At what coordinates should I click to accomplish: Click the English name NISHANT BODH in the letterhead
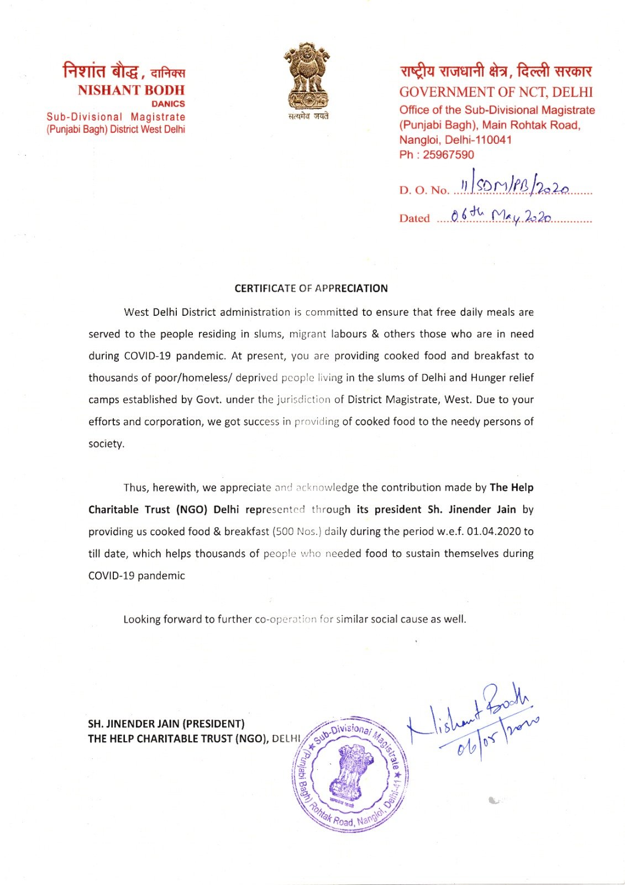(x=131, y=90)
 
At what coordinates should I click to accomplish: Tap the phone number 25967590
(x=448, y=155)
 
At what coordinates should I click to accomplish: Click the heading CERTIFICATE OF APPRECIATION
(x=311, y=288)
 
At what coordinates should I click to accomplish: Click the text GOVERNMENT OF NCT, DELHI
(x=496, y=92)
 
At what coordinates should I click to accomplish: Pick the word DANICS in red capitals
(x=168, y=104)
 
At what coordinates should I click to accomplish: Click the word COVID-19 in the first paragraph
(x=147, y=356)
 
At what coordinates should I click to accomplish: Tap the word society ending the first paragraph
(x=106, y=444)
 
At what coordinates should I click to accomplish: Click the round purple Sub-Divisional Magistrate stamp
(x=350, y=774)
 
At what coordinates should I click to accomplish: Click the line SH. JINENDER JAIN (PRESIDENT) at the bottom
(x=166, y=723)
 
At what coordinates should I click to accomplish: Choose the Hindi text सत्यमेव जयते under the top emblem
(x=308, y=116)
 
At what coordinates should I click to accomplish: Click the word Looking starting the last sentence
(x=141, y=619)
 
